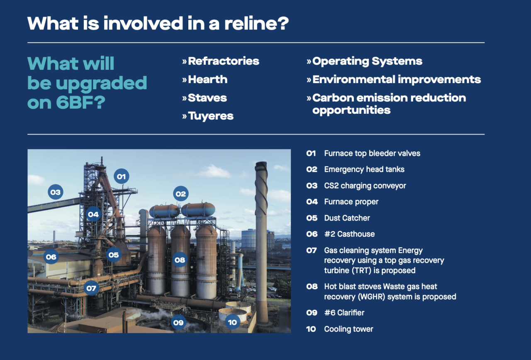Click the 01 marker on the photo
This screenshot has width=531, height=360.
pyautogui.click(x=121, y=176)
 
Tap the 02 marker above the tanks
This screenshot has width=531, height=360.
pyautogui.click(x=180, y=193)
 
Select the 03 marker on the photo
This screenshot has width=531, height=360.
pyautogui.click(x=55, y=192)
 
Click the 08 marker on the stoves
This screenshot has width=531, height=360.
pyautogui.click(x=180, y=260)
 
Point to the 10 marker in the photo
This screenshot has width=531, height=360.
pyautogui.click(x=232, y=322)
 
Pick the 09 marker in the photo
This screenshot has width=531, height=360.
pyautogui.click(x=178, y=322)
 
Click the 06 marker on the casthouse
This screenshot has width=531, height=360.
pyautogui.click(x=51, y=257)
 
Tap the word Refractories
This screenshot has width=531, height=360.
pyautogui.click(x=223, y=61)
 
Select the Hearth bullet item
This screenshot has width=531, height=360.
pyautogui.click(x=207, y=79)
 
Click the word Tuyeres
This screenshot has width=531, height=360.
pyautogui.click(x=211, y=116)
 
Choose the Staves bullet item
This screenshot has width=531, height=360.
pyautogui.click(x=207, y=98)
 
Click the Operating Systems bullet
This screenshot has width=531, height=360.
pyautogui.click(x=367, y=61)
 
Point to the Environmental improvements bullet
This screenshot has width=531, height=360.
pyautogui.click(x=396, y=79)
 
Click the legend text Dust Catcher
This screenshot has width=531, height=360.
pyautogui.click(x=347, y=218)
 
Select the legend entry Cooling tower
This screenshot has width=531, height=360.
pyautogui.click(x=348, y=329)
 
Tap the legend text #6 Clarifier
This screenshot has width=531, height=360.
pyautogui.click(x=344, y=313)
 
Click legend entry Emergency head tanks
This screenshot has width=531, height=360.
pyautogui.click(x=364, y=169)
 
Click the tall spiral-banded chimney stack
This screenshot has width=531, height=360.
pyautogui.click(x=261, y=241)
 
